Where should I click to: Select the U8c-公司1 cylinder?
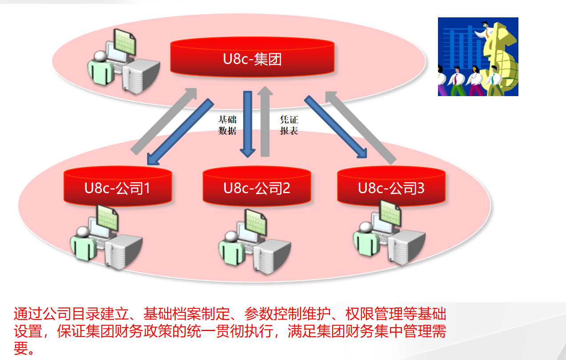click(118, 186)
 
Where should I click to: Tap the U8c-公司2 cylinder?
click(257, 186)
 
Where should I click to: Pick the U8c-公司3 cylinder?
click(391, 186)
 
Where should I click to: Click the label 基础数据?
click(227, 125)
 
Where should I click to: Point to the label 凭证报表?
click(289, 125)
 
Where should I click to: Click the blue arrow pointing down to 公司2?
click(248, 124)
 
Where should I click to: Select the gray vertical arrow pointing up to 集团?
click(265, 121)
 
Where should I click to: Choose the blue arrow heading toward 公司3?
click(336, 127)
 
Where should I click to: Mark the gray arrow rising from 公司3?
click(361, 128)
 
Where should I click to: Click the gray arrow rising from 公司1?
click(164, 121)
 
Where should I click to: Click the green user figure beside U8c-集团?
click(100, 68)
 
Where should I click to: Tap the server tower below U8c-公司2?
click(272, 257)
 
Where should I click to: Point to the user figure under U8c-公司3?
click(366, 239)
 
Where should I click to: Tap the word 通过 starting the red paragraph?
click(28, 314)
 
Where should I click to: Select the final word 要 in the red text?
click(21, 348)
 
